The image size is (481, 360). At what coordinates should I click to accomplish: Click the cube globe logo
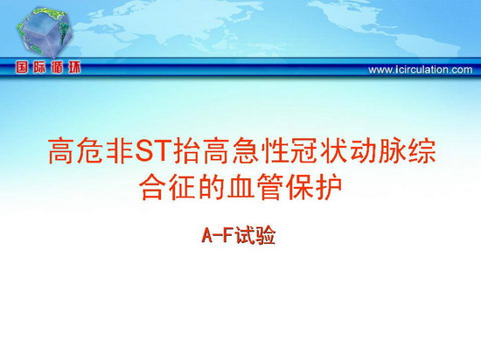point(45,32)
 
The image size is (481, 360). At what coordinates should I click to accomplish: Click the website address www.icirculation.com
point(421,70)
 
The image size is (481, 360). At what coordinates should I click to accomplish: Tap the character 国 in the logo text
point(22,67)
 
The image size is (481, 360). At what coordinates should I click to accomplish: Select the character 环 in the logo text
point(74,67)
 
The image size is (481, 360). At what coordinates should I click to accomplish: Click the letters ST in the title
point(152,151)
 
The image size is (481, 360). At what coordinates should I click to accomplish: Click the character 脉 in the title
point(392,151)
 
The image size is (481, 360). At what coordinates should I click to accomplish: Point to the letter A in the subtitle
point(207,236)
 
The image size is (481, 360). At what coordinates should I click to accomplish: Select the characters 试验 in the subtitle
point(256,236)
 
